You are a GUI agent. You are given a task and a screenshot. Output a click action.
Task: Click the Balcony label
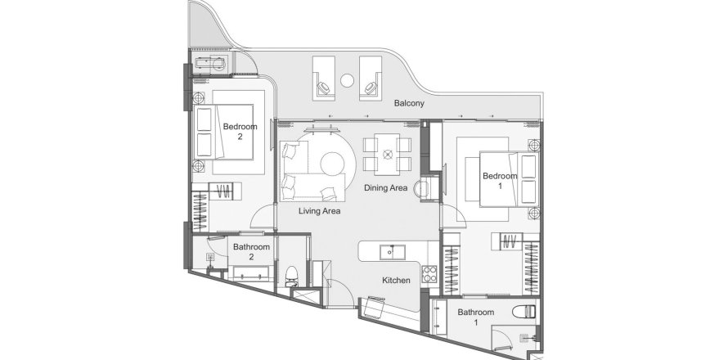click(409, 103)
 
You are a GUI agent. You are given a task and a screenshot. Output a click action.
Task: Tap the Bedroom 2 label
click(240, 132)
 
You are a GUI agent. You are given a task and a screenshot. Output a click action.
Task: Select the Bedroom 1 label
click(500, 181)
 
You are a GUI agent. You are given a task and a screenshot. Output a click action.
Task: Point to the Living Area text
click(320, 211)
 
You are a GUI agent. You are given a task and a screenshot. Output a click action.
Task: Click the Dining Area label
click(386, 187)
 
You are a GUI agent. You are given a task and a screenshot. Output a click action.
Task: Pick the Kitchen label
click(396, 280)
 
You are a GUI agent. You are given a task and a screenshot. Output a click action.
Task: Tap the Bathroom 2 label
click(251, 252)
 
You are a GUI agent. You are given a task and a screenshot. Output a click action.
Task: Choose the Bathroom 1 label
click(476, 317)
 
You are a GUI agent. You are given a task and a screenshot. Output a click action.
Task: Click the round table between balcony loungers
click(348, 80)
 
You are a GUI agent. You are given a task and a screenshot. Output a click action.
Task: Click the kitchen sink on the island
click(393, 252)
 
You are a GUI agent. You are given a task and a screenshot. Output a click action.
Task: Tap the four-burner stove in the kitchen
click(429, 273)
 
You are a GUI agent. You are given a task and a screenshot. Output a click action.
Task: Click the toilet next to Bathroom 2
click(291, 276)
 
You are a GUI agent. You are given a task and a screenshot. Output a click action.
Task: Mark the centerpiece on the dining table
click(387, 154)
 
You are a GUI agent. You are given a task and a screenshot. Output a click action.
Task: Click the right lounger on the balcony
click(371, 77)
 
